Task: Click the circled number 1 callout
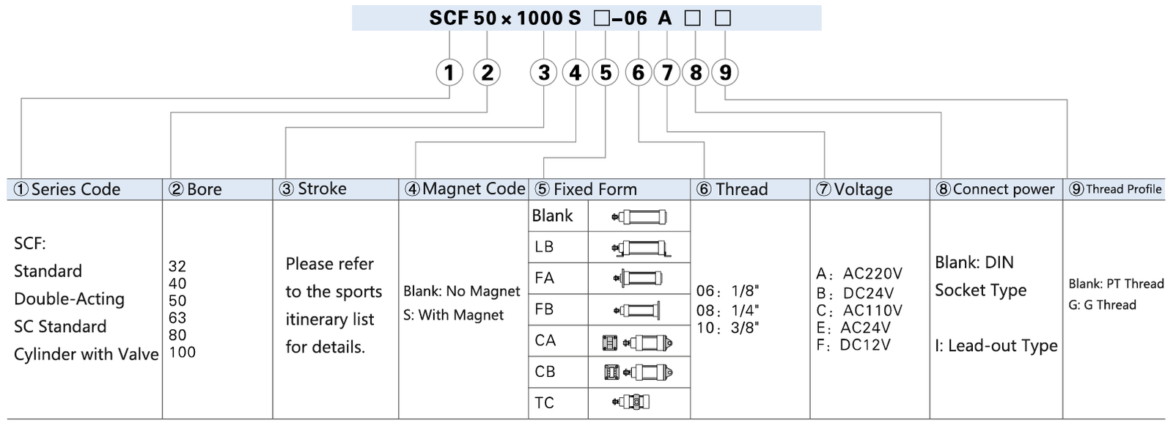pos(449,73)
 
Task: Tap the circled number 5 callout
pos(606,73)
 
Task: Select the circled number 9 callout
pos(725,73)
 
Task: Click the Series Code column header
pos(67,189)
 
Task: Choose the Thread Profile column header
pos(1115,189)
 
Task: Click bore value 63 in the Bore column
pos(177,317)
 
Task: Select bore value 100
pos(183,353)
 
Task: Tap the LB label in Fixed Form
pos(544,246)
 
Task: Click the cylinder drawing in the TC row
pos(630,402)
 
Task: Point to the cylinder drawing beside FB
pos(637,310)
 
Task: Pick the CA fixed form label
pos(545,340)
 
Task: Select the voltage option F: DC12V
pos(853,345)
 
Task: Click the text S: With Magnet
pos(454,315)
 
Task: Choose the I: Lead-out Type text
pos(996,345)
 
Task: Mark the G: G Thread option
pos(1103,305)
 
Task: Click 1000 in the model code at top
pos(540,18)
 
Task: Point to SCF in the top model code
pos(449,18)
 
